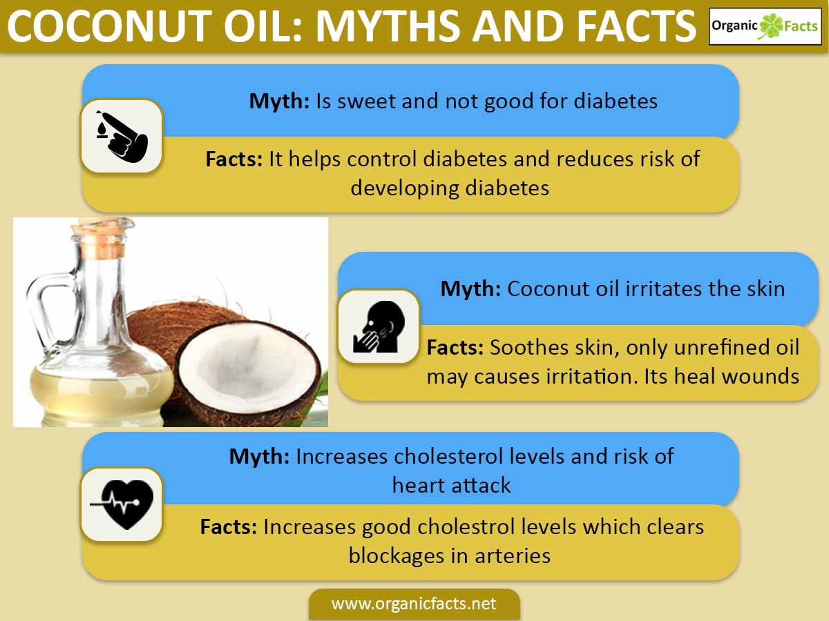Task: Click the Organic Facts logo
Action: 765,26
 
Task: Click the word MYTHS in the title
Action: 389,26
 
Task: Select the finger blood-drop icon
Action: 122,137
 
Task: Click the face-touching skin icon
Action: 379,326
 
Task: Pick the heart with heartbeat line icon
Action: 122,504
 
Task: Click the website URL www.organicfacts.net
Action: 414,604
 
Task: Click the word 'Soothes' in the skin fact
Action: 528,347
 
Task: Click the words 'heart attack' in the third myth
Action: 451,485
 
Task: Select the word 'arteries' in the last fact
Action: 513,556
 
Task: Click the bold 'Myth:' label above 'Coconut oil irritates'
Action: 470,289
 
